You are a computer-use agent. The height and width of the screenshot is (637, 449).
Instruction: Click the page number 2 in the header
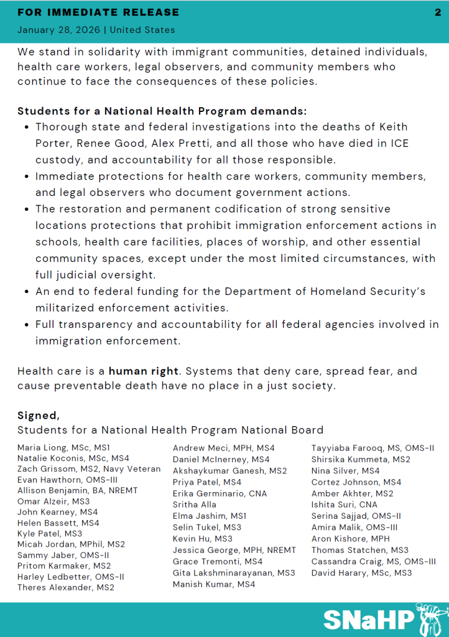click(437, 12)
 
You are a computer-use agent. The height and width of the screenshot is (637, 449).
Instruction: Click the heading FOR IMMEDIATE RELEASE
click(98, 12)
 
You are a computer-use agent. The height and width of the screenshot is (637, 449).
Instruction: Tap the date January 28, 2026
click(61, 30)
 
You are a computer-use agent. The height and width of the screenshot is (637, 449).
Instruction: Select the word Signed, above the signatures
click(39, 415)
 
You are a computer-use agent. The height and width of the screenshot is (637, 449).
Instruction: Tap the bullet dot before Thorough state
click(26, 127)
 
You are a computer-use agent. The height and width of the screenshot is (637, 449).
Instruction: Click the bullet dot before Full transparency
click(26, 325)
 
